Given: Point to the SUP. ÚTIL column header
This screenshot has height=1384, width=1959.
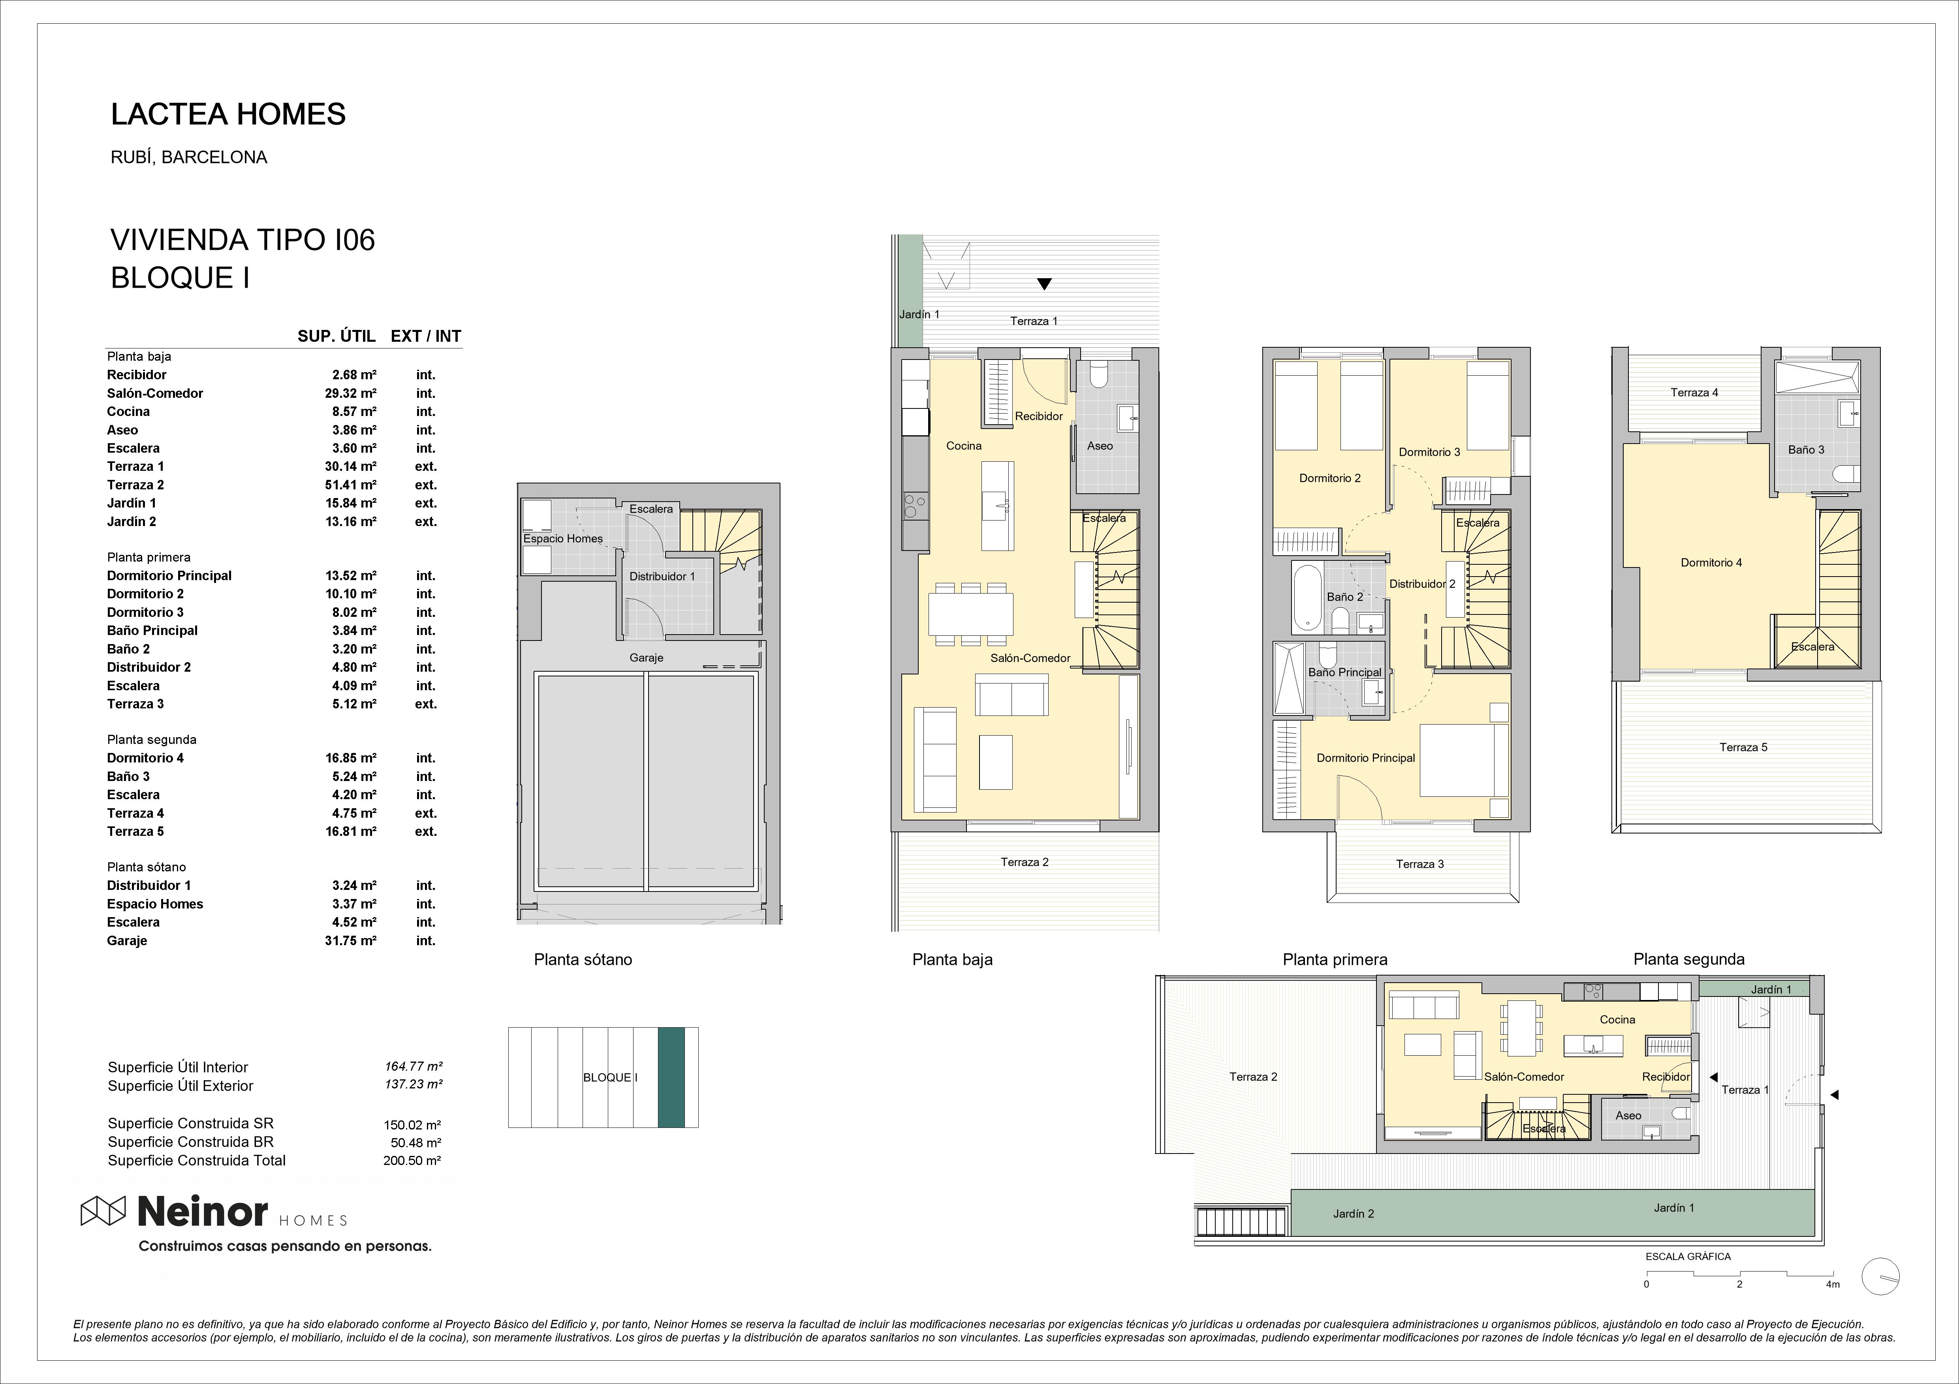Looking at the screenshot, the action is tap(336, 336).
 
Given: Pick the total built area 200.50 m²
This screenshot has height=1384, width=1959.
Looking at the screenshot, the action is tap(412, 1161).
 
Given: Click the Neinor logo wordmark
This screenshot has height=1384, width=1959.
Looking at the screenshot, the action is tap(202, 1211).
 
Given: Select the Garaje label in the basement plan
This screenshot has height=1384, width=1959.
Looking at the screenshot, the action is tap(646, 657).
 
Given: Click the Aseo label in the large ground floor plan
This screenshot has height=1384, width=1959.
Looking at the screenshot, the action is tap(1100, 446).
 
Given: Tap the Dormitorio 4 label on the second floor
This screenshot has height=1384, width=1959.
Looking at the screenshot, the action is tap(1712, 563).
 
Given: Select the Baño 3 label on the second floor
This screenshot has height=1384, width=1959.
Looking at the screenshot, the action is tap(1806, 449).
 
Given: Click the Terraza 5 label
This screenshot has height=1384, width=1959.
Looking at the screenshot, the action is tap(1743, 747).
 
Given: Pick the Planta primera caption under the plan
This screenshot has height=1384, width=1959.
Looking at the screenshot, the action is tap(1335, 959).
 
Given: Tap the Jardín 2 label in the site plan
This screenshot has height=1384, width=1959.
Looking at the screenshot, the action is tap(1354, 1214).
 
